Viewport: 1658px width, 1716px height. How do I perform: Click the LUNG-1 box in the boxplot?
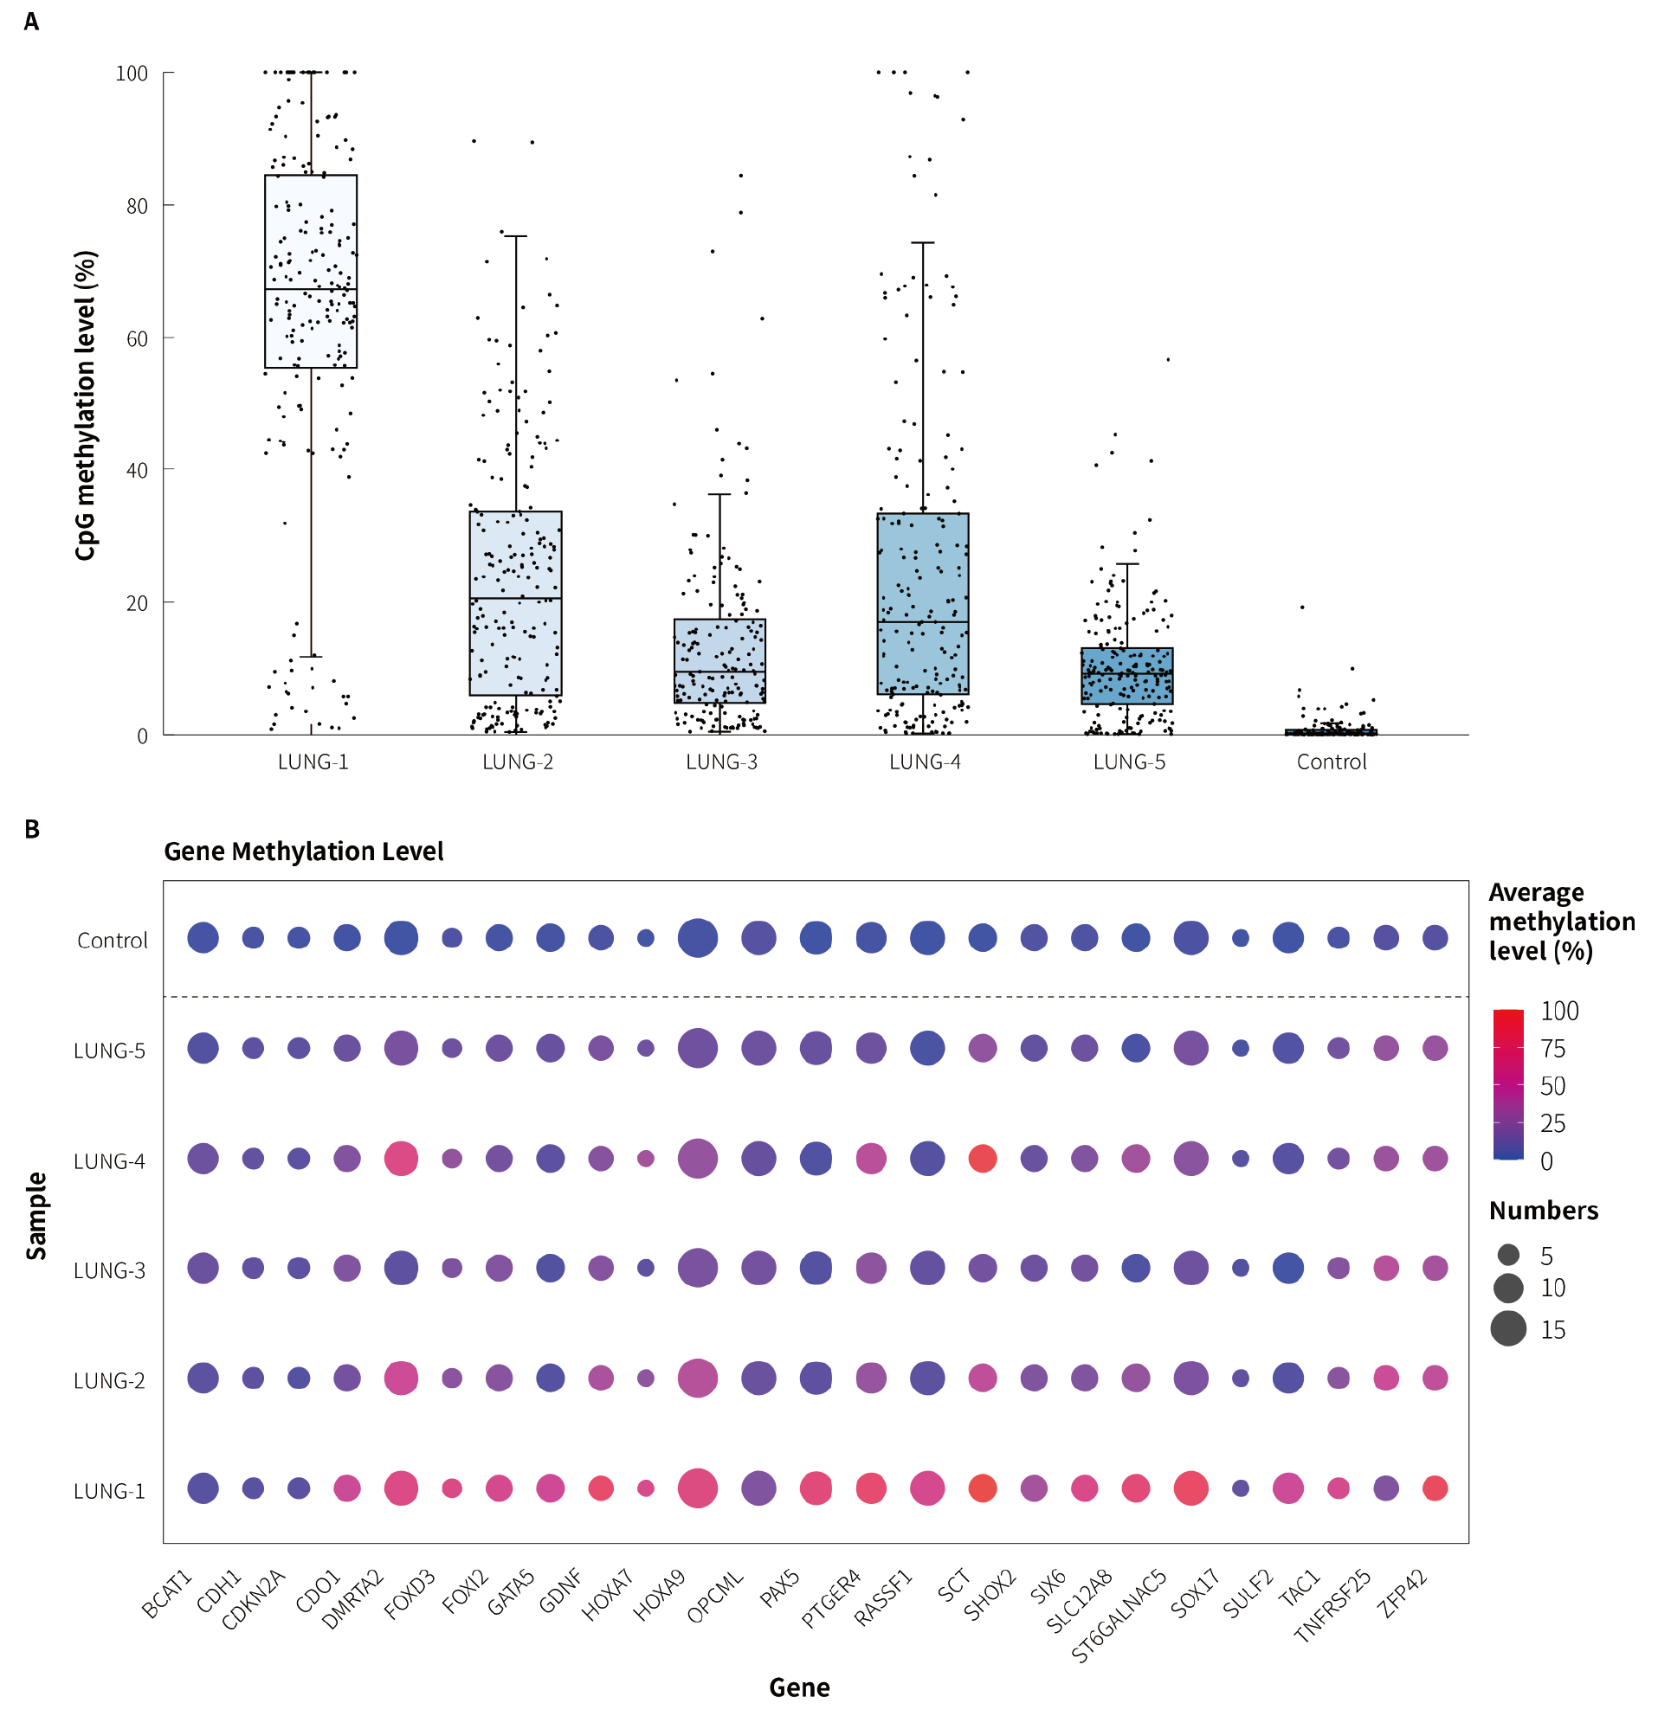click(x=310, y=272)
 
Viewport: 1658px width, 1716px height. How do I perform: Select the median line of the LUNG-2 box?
click(x=515, y=599)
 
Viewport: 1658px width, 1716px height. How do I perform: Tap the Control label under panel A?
click(x=1331, y=762)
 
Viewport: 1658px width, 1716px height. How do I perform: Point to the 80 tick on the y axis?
click(x=137, y=206)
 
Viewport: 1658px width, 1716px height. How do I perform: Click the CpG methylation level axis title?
click(x=85, y=406)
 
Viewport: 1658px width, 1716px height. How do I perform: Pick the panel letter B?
click(x=32, y=829)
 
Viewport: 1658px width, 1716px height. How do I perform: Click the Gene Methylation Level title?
click(x=303, y=852)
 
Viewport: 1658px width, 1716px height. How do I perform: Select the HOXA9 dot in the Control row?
click(x=697, y=939)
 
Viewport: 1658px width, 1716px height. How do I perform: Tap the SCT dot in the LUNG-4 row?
click(x=982, y=1160)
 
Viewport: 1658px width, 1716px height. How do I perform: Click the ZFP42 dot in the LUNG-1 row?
click(x=1434, y=1488)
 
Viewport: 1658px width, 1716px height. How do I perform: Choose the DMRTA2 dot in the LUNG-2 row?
click(x=401, y=1378)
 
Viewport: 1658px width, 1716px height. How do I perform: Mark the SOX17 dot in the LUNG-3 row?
click(x=1239, y=1268)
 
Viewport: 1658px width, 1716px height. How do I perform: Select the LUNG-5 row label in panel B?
click(x=109, y=1051)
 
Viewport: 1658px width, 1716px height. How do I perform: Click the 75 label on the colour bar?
click(x=1552, y=1049)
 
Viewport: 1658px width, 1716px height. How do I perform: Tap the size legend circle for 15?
click(x=1507, y=1329)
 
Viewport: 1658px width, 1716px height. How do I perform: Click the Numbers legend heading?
click(x=1542, y=1211)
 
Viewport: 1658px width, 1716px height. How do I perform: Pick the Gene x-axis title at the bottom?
click(x=799, y=1688)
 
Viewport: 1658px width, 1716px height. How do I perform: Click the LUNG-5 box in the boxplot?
click(x=1126, y=676)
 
